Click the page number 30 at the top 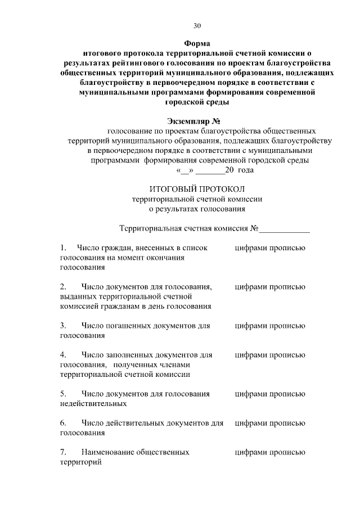pyautogui.click(x=197, y=26)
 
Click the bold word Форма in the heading pyautogui.click(x=197, y=43)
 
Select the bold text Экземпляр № pyautogui.click(x=197, y=121)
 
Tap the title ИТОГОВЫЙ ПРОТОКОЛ pyautogui.click(x=197, y=189)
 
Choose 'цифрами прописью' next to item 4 pyautogui.click(x=270, y=355)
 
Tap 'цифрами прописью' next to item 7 pyautogui.click(x=270, y=452)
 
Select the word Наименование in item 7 pyautogui.click(x=110, y=452)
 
